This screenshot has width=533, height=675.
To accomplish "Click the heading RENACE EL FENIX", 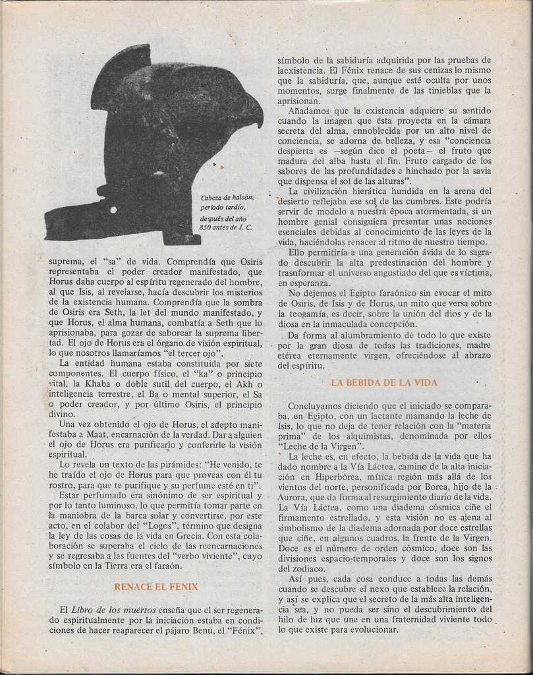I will point(156,586).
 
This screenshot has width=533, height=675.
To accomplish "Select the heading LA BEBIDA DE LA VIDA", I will point(384,382).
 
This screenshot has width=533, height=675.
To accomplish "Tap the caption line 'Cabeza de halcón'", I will point(227,197).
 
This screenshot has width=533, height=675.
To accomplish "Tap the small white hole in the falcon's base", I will point(114,210).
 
